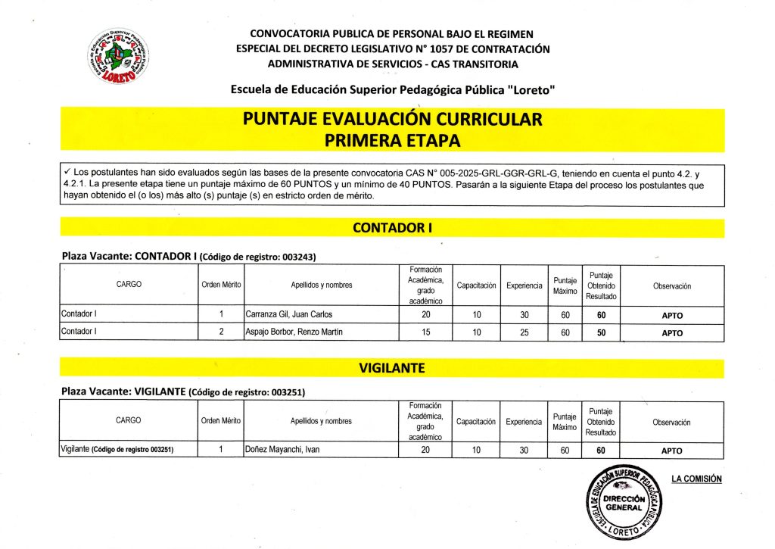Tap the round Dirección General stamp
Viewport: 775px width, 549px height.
pos(624,501)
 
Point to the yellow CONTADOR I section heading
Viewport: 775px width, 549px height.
pos(391,228)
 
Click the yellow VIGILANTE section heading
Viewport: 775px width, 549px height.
pos(391,369)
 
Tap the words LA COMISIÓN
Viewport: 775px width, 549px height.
pos(696,479)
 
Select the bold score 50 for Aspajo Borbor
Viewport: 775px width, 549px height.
pos(602,333)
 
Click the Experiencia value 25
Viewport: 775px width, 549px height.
pos(524,333)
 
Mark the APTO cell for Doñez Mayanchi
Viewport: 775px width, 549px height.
pos(672,451)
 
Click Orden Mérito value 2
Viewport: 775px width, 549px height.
pos(221,333)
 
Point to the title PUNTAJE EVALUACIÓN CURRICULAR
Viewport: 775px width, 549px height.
pos(392,120)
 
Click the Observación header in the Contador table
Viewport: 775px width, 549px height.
pos(672,285)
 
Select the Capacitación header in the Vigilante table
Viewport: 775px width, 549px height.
pos(476,421)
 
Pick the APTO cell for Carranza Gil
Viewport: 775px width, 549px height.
pos(672,314)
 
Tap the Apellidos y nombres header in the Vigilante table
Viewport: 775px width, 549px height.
pos(321,421)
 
